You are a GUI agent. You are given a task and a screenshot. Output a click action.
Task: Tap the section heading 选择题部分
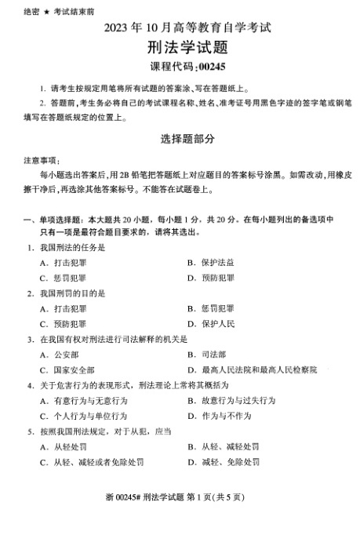pyautogui.click(x=179, y=136)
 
